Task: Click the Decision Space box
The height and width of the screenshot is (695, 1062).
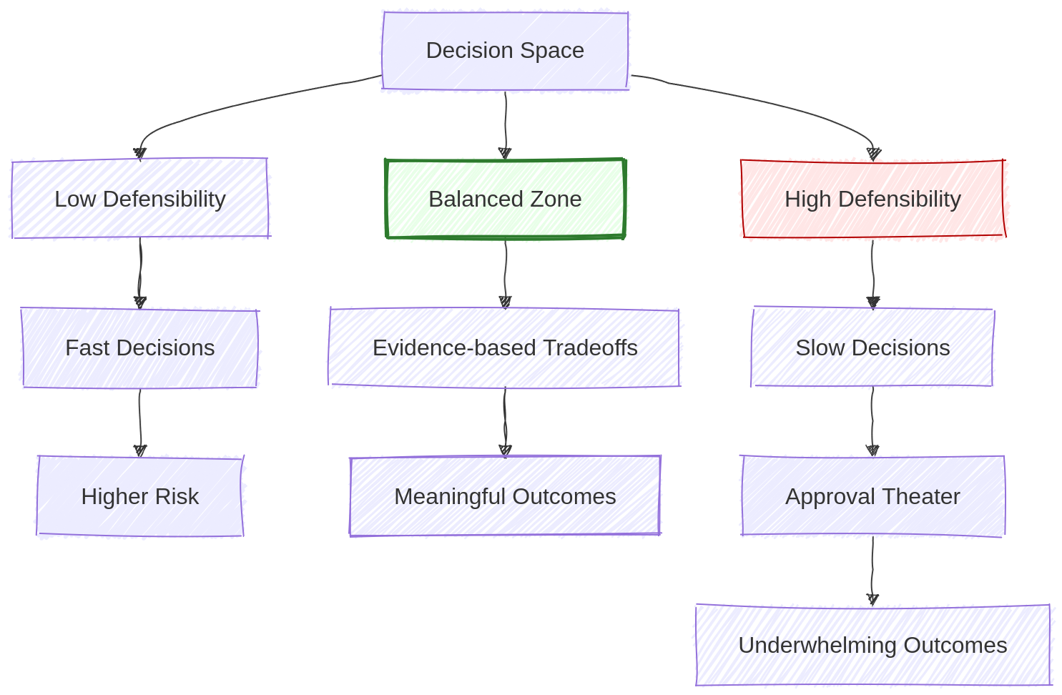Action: pos(505,51)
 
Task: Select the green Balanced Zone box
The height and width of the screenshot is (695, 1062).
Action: pos(505,199)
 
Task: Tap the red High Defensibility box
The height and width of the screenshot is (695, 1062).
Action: pos(872,199)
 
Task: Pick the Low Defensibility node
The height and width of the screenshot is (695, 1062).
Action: pos(140,199)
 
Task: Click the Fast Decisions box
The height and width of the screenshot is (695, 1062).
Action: pos(140,347)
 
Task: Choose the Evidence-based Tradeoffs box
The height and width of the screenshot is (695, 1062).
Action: pos(505,347)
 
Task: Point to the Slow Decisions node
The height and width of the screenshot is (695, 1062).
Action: pos(872,347)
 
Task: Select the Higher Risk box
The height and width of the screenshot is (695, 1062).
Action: pos(140,496)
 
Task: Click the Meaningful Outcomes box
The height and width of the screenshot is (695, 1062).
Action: pos(505,496)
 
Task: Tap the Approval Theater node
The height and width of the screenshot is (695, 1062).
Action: pos(872,496)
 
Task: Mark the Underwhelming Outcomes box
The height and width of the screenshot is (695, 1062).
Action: pos(872,645)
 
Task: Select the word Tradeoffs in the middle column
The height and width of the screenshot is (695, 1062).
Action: pos(590,347)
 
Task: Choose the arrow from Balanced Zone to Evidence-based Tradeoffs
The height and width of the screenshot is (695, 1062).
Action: pos(506,272)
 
